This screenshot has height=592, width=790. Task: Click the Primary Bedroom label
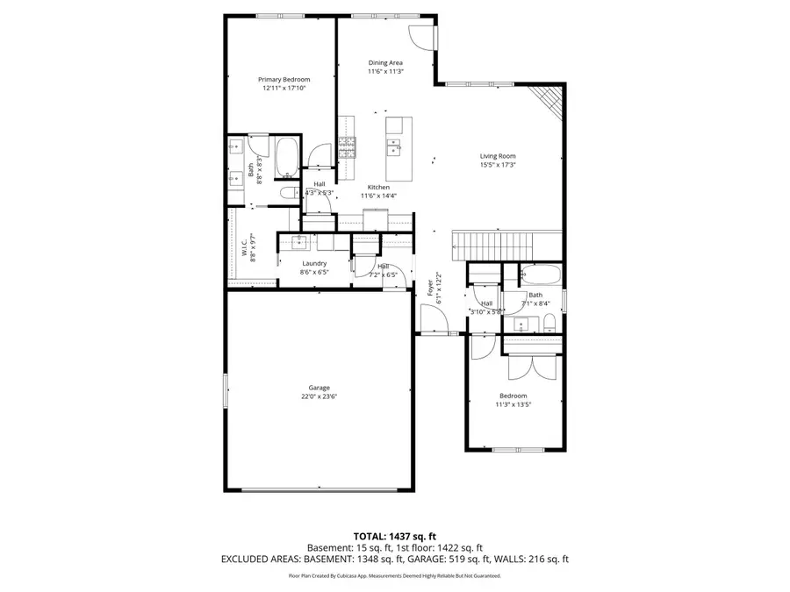click(x=284, y=79)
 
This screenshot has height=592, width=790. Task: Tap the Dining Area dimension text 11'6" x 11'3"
click(x=385, y=71)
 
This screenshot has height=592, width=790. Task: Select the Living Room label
click(x=497, y=156)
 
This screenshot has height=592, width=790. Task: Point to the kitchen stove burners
click(x=348, y=147)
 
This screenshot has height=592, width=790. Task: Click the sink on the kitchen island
click(x=394, y=146)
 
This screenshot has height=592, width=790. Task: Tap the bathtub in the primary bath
click(x=287, y=158)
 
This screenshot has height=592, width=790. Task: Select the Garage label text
click(x=319, y=388)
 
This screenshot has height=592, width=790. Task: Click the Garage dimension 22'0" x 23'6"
click(x=319, y=396)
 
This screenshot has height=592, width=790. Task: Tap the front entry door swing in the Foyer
click(x=434, y=321)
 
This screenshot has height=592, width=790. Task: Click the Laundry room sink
click(x=299, y=242)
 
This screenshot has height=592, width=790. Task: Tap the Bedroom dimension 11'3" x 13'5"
click(x=513, y=403)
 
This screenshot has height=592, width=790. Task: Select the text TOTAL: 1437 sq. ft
click(x=394, y=535)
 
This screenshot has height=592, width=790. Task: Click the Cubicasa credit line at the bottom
click(x=394, y=576)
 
